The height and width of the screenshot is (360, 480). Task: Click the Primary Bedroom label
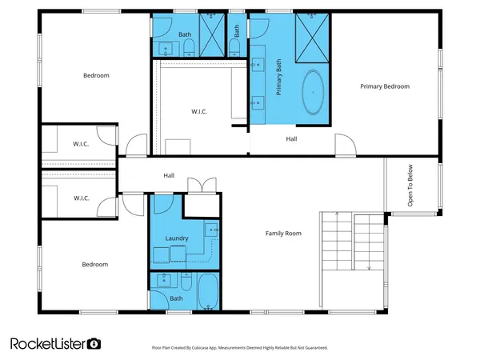pos(384,86)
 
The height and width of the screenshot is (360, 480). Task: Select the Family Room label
pos(283,234)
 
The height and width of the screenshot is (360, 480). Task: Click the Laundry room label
pos(176,238)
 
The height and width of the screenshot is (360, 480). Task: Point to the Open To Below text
pos(410,186)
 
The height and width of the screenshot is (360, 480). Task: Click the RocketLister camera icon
pos(94,343)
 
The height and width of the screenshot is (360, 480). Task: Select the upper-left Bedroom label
pos(96,76)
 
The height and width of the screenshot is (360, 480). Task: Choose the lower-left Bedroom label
pos(94,264)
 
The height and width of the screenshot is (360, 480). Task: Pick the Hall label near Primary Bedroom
pos(293,138)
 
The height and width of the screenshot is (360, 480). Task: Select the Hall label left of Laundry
pos(169,176)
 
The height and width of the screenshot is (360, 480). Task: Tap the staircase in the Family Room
pos(353,240)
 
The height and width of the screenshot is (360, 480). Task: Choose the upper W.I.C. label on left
pos(81,144)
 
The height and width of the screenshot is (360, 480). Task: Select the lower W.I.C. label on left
pos(81,198)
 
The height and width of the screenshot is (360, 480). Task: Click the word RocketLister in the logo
pos(48,343)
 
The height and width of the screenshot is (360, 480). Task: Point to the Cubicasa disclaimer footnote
pos(239,348)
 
